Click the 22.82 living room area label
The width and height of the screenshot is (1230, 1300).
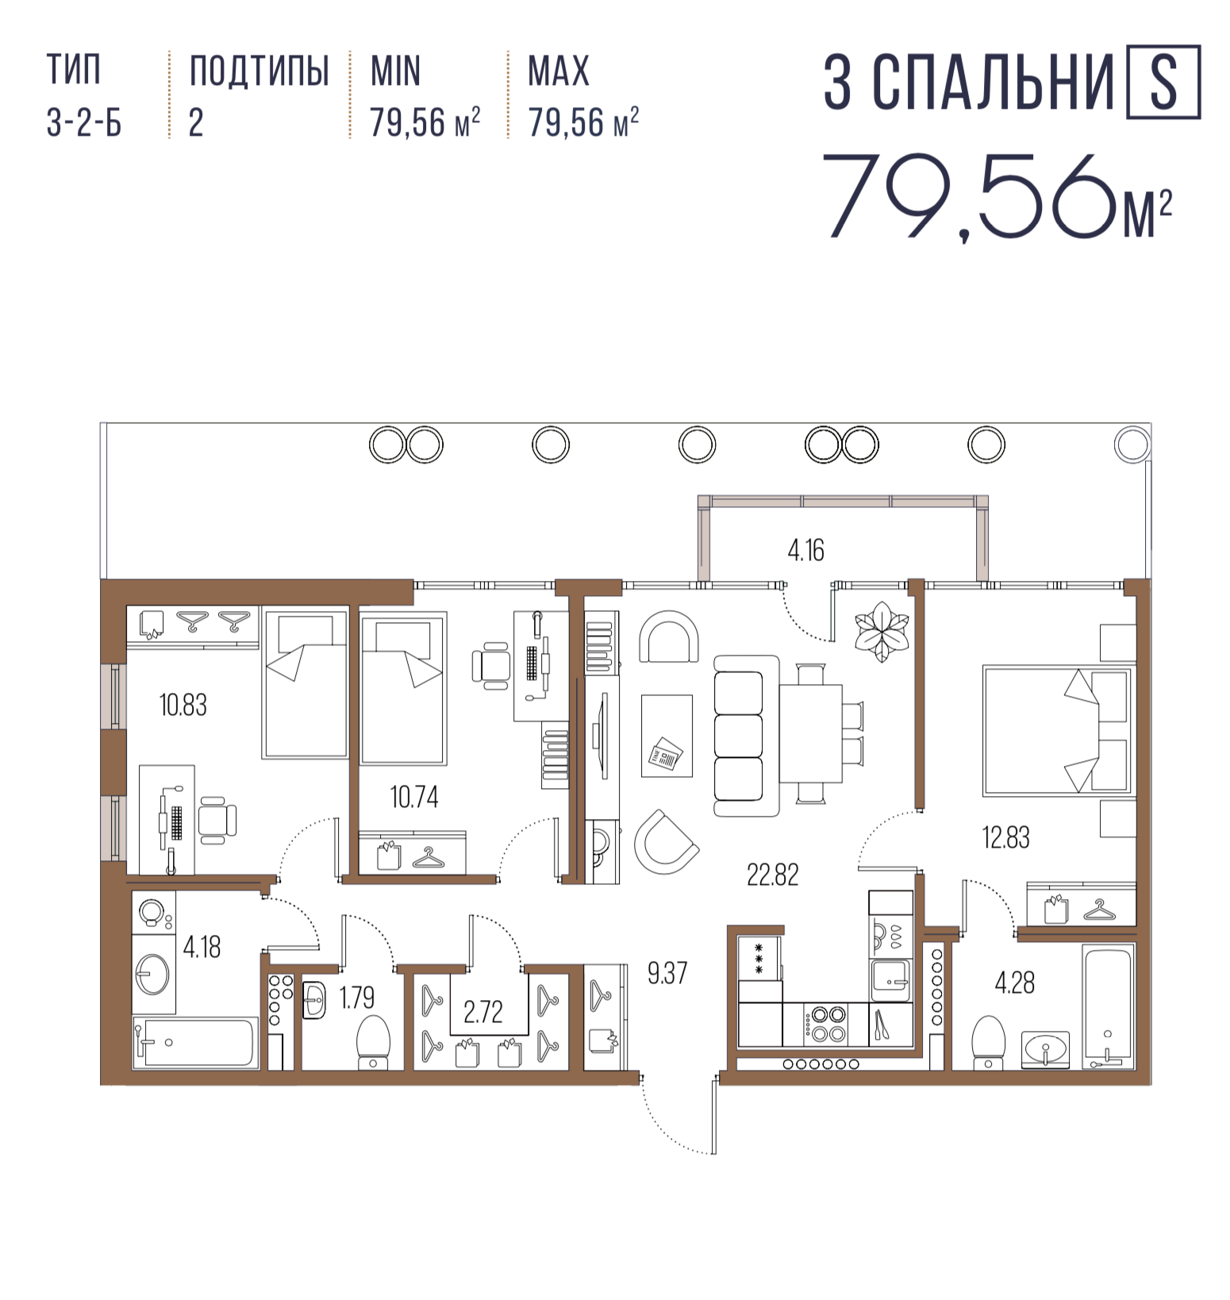tap(772, 875)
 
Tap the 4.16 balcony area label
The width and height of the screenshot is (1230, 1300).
tap(805, 550)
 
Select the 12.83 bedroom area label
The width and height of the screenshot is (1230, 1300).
tap(1005, 837)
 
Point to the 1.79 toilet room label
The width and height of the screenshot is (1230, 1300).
tap(356, 998)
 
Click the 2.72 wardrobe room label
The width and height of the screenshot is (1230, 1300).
tap(482, 1012)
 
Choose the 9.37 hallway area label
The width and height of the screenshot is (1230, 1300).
tap(667, 973)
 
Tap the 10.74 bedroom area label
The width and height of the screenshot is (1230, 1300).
tap(413, 797)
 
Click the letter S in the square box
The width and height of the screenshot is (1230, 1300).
tap(1163, 83)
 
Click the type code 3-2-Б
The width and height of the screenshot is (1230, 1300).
tap(84, 123)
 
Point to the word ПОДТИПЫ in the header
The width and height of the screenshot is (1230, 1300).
tap(259, 71)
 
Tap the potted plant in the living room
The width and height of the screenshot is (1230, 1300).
tap(881, 632)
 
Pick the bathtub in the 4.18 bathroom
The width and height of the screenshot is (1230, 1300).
tap(195, 1042)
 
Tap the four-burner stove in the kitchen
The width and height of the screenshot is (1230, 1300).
tap(826, 1024)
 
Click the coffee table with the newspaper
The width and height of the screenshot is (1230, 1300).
tap(667, 736)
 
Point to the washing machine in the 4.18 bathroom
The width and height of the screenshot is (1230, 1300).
tap(153, 913)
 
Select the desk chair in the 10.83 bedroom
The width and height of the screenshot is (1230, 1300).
tap(217, 820)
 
